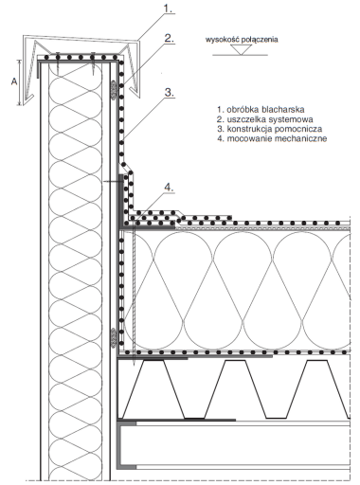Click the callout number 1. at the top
tap(169, 9)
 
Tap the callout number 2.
tap(170, 38)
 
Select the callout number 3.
tap(170, 93)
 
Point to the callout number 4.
tap(170, 188)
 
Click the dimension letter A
tap(14, 81)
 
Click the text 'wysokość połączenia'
tap(242, 40)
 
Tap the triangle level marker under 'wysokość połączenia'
tap(242, 49)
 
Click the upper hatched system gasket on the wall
tap(113, 90)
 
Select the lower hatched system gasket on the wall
tap(113, 338)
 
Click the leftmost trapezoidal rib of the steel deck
tap(153, 389)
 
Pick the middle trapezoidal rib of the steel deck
tap(235, 389)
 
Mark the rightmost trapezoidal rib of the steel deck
tap(316, 389)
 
